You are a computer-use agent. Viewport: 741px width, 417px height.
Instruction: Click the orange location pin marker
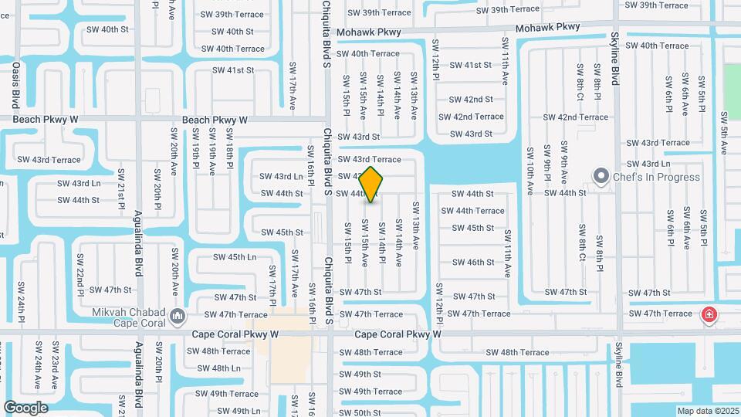click(371, 185)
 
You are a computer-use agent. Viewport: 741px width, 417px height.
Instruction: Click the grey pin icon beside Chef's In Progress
click(601, 177)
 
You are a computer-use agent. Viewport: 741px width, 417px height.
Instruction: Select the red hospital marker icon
click(709, 314)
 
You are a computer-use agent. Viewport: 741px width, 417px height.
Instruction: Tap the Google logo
click(26, 407)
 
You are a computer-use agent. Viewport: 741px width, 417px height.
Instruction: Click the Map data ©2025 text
click(708, 411)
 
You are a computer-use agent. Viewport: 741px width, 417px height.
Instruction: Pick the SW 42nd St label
click(471, 100)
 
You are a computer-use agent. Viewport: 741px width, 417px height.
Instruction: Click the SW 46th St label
click(473, 263)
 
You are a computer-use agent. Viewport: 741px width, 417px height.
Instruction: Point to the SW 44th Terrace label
click(472, 211)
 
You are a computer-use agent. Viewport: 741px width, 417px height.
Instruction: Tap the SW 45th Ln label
click(235, 257)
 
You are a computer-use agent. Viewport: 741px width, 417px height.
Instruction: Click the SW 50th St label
click(360, 413)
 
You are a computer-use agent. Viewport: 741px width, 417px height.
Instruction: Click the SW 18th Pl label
click(230, 148)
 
